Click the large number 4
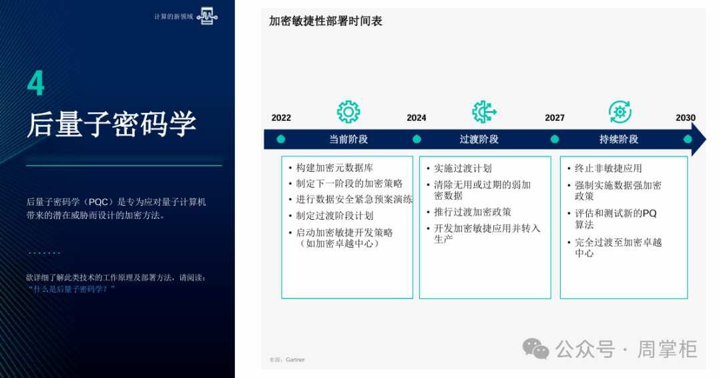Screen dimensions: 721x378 click(36, 83)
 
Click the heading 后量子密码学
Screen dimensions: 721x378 click(111, 124)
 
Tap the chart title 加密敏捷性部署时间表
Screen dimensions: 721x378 click(325, 21)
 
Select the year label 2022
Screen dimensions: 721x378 click(281, 118)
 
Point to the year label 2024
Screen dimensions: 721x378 click(417, 118)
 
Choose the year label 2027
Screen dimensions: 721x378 click(555, 118)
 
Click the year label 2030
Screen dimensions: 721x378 click(686, 118)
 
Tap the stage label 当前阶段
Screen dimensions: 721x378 click(348, 140)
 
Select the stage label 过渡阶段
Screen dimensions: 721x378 click(479, 140)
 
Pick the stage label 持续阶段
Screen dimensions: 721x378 click(619, 140)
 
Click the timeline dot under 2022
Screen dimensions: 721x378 click(281, 140)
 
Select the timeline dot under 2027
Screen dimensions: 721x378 click(555, 140)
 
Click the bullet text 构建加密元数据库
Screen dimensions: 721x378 click(334, 168)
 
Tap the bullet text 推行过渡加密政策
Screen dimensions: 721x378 click(473, 212)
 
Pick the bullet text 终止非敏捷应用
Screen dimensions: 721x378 click(608, 168)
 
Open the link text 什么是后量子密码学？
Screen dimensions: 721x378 click(71, 289)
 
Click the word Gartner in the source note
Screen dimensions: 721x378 click(295, 359)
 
